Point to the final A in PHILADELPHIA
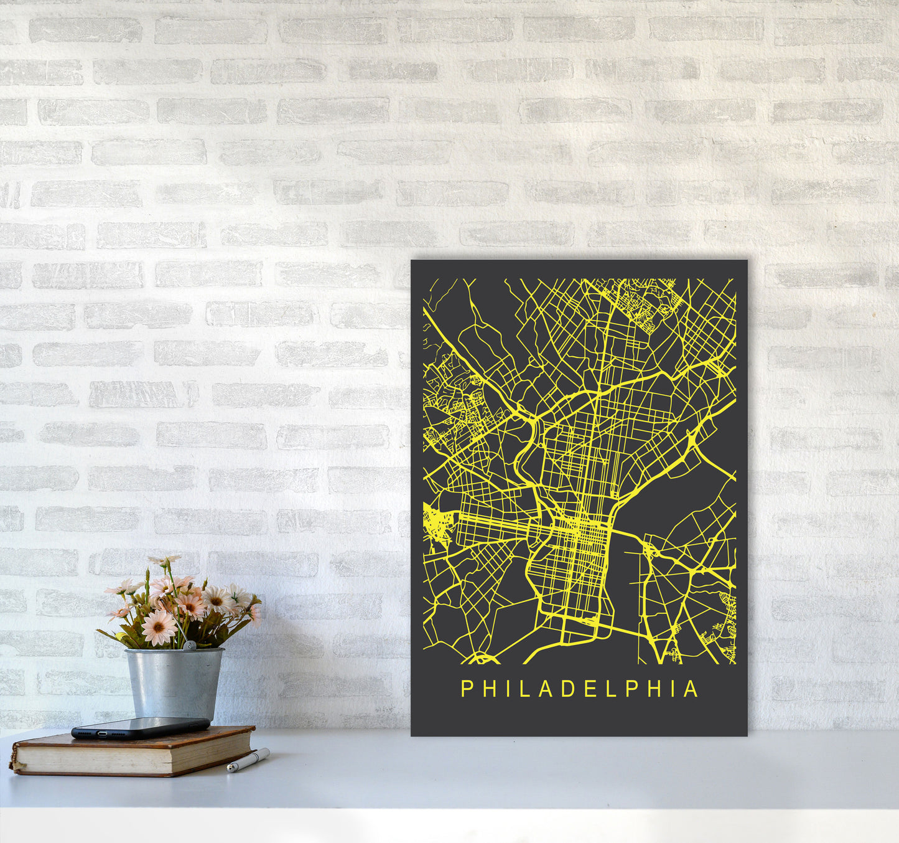[x=691, y=689]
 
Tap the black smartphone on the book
[x=140, y=727]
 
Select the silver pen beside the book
[x=248, y=760]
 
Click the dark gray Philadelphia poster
[x=579, y=498]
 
